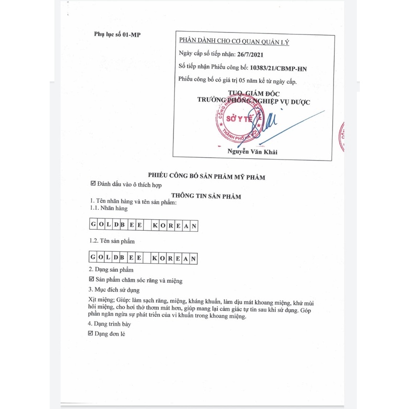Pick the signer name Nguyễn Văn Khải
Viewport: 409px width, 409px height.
pos(253,152)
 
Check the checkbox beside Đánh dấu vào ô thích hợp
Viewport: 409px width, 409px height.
pos(93,184)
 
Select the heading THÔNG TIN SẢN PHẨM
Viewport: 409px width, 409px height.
pos(206,196)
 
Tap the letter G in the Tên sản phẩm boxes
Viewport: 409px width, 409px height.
pos(93,258)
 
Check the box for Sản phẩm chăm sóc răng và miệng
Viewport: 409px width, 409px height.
pos(92,280)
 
